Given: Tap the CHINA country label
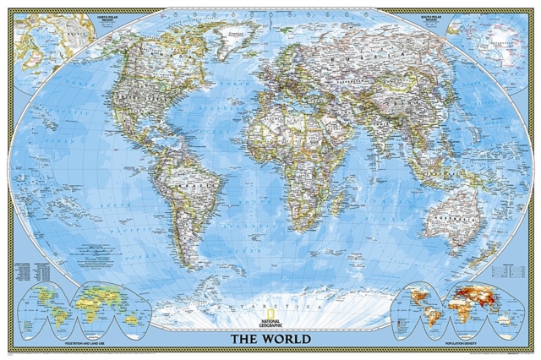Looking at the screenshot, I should pos(406,106).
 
